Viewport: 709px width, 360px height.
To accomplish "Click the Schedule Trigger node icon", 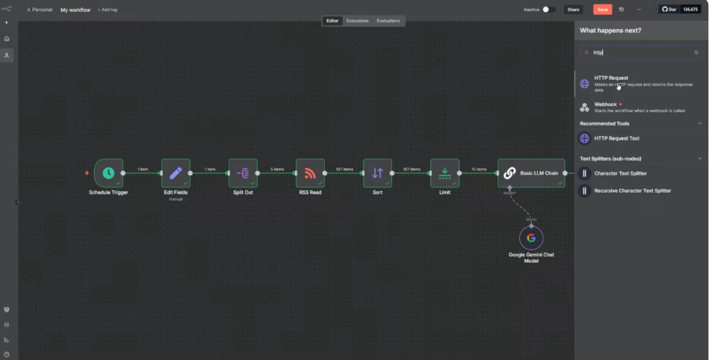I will [108, 173].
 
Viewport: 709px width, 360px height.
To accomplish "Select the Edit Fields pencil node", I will [176, 173].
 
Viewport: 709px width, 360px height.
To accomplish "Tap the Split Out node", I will [243, 173].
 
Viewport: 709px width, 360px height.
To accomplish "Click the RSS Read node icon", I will [310, 173].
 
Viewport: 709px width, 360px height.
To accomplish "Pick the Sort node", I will [377, 173].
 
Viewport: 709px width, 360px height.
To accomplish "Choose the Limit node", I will [445, 173].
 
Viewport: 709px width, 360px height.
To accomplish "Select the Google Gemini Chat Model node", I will [531, 238].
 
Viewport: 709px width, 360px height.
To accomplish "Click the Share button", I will [573, 10].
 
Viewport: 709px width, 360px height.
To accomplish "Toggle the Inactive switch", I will [548, 10].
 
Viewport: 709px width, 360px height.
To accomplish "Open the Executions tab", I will [357, 21].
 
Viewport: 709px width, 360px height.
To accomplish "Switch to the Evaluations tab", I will [388, 21].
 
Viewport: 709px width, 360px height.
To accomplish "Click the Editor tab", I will [332, 21].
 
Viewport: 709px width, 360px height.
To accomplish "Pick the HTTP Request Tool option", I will [616, 138].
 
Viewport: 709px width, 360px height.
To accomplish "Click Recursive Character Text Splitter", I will [632, 190].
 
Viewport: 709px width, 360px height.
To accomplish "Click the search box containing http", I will [640, 53].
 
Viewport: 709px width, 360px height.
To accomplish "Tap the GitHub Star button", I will [670, 10].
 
